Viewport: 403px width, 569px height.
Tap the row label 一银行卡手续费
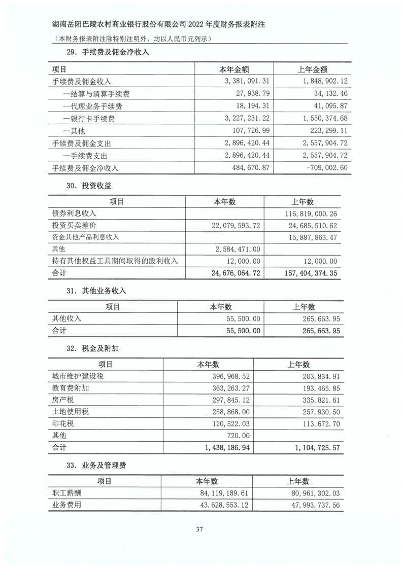pyautogui.click(x=89, y=119)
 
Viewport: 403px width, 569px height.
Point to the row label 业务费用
pyautogui.click(x=67, y=505)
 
